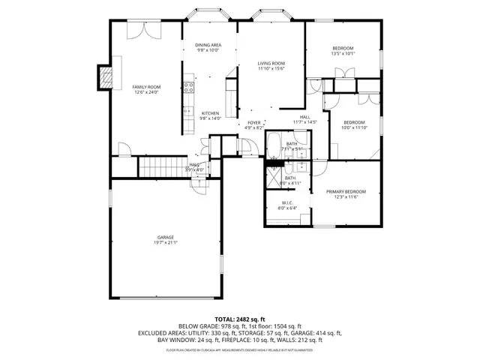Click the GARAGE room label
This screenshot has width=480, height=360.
tap(166, 237)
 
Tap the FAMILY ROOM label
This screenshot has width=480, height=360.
tap(146, 88)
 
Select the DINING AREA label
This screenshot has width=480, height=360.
tap(208, 46)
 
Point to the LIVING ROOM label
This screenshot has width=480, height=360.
tap(271, 64)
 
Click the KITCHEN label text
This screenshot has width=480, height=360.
tap(210, 113)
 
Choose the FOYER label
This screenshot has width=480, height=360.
tap(254, 123)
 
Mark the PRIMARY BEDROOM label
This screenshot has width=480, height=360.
tap(346, 191)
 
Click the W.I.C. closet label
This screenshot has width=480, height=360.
tap(287, 202)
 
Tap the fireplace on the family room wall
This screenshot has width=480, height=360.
tap(105, 77)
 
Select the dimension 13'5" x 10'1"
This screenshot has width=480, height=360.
tap(343, 53)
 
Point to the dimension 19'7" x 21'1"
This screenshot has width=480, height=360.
tap(166, 242)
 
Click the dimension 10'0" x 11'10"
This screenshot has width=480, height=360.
tap(354, 127)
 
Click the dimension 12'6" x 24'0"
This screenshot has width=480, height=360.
tap(146, 93)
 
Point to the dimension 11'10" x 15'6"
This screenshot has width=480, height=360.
tap(271, 69)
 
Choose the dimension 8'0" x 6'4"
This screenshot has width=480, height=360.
tap(287, 208)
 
